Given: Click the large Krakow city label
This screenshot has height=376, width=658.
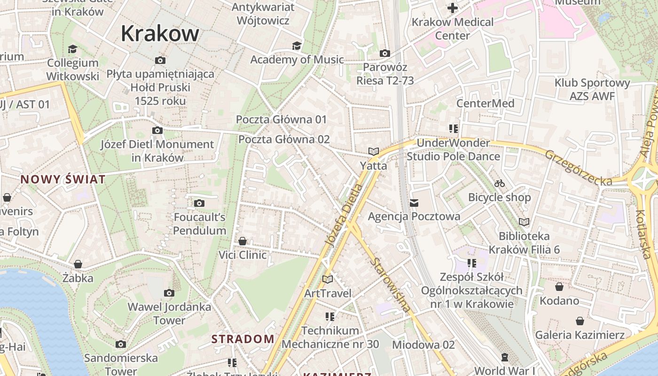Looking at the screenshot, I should pyautogui.click(x=160, y=33).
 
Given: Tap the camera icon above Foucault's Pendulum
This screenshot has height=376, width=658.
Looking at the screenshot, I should pyautogui.click(x=199, y=203).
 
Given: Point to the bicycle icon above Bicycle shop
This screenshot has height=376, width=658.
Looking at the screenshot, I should pyautogui.click(x=500, y=183).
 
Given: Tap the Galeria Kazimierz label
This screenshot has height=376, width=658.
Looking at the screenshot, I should pyautogui.click(x=580, y=335).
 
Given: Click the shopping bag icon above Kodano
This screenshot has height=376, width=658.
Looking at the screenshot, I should pyautogui.click(x=559, y=287).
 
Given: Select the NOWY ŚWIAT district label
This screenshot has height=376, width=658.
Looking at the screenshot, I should pyautogui.click(x=63, y=179).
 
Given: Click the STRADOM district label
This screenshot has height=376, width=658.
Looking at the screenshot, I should pyautogui.click(x=243, y=339).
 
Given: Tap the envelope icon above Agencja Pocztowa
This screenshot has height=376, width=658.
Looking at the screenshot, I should pyautogui.click(x=414, y=203).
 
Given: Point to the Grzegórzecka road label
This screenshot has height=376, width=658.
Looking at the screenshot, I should pyautogui.click(x=578, y=168).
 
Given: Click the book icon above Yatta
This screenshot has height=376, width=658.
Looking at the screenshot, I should pyautogui.click(x=374, y=152).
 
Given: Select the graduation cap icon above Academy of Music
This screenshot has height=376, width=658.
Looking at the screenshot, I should pyautogui.click(x=297, y=46).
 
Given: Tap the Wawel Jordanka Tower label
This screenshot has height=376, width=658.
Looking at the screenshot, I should pyautogui.click(x=169, y=313).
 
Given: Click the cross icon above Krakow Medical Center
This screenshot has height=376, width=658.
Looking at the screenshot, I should pyautogui.click(x=452, y=8).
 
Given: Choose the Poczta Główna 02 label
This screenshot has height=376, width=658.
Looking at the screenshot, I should pyautogui.click(x=284, y=139).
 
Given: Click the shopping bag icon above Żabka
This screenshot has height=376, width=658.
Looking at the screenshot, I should pyautogui.click(x=78, y=264).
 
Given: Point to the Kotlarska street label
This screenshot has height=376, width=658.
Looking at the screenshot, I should pyautogui.click(x=642, y=234).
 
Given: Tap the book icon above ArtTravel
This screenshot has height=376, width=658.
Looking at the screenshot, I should pyautogui.click(x=328, y=280).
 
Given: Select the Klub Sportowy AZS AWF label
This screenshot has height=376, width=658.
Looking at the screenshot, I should pyautogui.click(x=592, y=89).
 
